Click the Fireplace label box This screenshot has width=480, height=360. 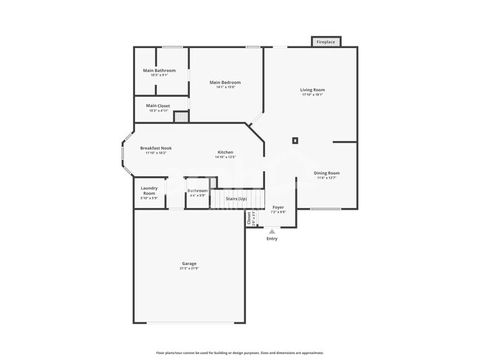tap(326, 42)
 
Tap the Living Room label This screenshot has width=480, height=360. tap(312, 90)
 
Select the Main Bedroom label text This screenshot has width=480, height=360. tap(224, 83)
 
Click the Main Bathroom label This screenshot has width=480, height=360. tap(159, 71)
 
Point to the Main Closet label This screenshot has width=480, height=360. tap(157, 105)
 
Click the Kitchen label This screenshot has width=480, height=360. tap(225, 152)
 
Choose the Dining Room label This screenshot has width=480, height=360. tap(327, 173)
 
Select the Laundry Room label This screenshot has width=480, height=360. tap(149, 190)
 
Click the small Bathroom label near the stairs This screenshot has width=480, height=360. tap(197, 191)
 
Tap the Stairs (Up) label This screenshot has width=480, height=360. tap(236, 199)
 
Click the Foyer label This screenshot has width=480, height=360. tap(278, 207)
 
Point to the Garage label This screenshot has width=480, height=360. tap(189, 263)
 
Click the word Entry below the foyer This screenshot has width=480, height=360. tap(272, 238)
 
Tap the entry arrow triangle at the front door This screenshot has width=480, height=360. tap(272, 231)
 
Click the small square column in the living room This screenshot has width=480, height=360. tap(295, 139)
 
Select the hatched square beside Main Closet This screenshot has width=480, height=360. tap(181, 116)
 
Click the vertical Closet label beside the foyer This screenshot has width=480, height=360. tap(249, 218)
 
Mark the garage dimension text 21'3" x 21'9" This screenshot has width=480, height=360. tap(189, 269)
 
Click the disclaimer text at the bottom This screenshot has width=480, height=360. tap(239, 353)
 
